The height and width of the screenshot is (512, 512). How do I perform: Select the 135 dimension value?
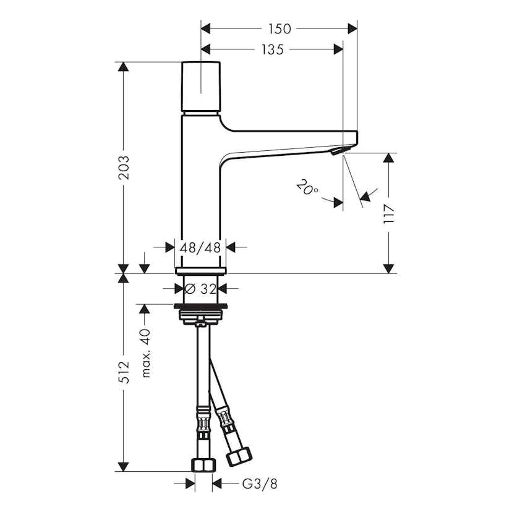[x=272, y=49]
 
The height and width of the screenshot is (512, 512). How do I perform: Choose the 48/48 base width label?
[x=200, y=247]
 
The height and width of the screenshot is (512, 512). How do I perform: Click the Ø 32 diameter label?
[x=200, y=288]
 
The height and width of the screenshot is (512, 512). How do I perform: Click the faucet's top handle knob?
[x=201, y=86]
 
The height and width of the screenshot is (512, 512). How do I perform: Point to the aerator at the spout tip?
[x=336, y=151]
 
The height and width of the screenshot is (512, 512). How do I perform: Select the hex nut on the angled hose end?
[x=239, y=456]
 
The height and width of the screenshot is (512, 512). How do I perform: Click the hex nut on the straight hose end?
[x=203, y=465]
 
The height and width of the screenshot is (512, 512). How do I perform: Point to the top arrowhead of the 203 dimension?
[x=124, y=67]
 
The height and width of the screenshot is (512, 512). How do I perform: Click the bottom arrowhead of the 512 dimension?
[x=124, y=467]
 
